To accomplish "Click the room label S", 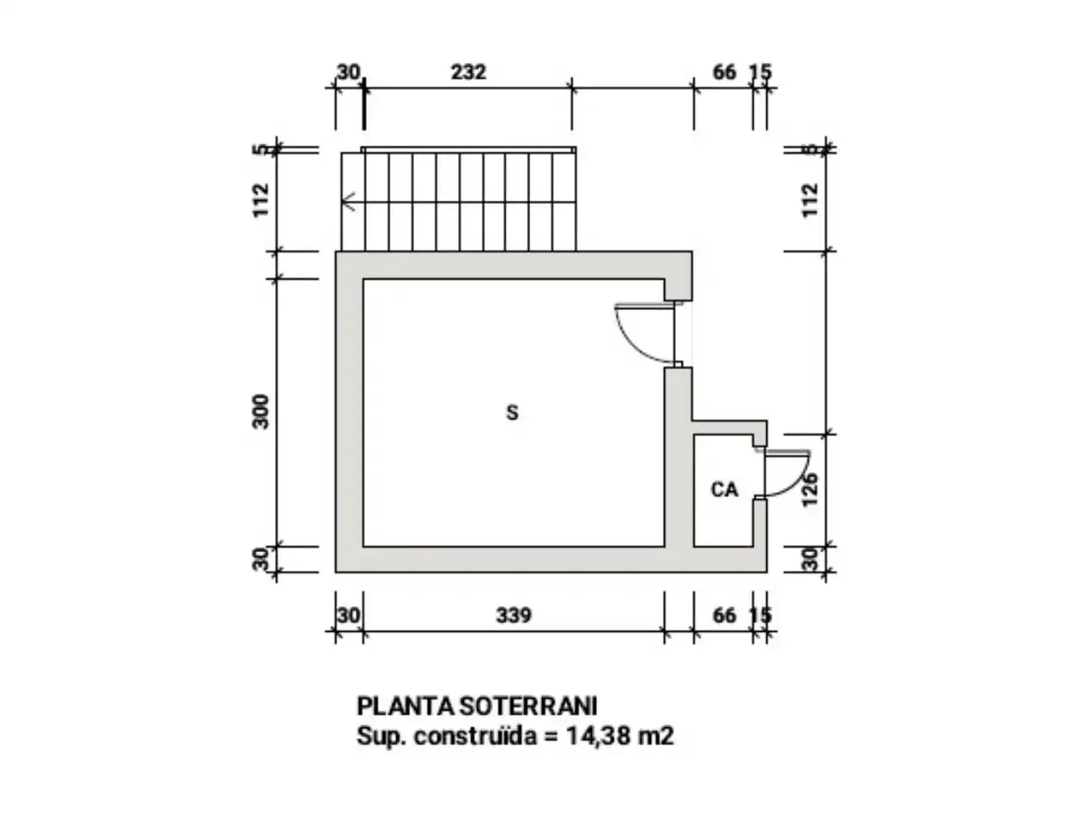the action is tap(512, 412).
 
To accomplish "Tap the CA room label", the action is tap(724, 489).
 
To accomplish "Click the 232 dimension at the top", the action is tap(468, 72).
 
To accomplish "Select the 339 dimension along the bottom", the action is tap(513, 616).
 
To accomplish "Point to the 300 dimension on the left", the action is tap(261, 412).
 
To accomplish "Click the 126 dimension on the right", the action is tap(810, 489).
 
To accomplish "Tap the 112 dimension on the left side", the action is tap(261, 201).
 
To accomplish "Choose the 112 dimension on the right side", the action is tap(810, 201).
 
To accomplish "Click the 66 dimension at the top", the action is tap(724, 72).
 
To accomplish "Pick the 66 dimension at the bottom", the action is tap(724, 616).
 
